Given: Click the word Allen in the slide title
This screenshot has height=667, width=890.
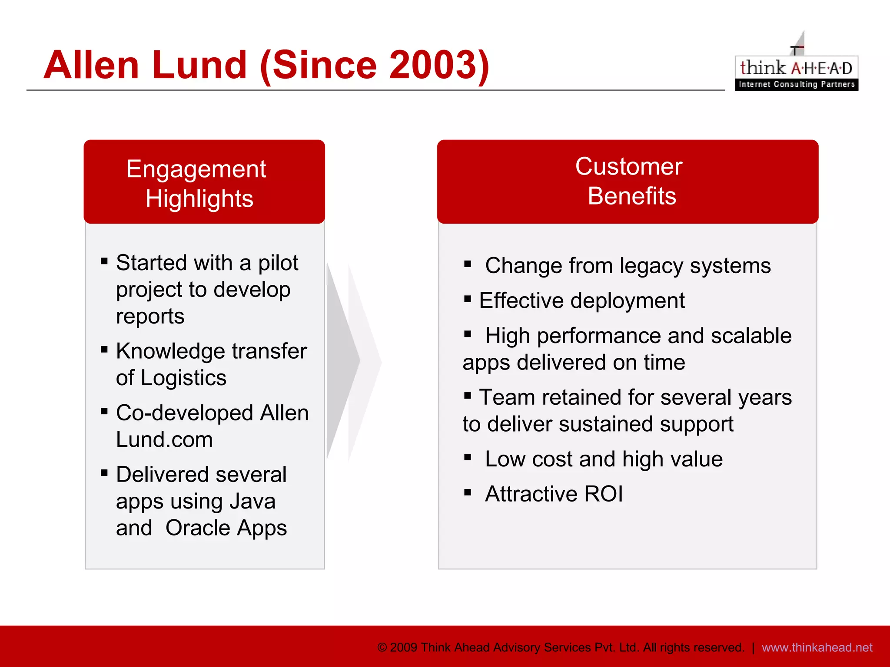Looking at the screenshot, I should tap(91, 65).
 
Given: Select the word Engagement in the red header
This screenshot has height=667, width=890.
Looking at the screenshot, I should tap(196, 169).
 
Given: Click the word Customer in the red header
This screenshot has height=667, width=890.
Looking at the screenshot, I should tap(629, 166).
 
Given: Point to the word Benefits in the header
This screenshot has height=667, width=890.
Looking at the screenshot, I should tap(632, 196).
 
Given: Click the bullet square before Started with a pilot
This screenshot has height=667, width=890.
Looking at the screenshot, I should tap(104, 261).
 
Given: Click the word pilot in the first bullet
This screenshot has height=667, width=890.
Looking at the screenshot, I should tap(278, 263).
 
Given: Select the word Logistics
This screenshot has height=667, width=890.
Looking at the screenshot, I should tap(183, 378).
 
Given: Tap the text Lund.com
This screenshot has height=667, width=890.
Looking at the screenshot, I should tap(164, 440).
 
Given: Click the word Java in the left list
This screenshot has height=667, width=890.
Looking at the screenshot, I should tap(252, 502).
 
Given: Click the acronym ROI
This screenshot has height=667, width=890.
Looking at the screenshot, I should tap(603, 494).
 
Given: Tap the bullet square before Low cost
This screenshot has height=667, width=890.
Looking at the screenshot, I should tap(468, 457).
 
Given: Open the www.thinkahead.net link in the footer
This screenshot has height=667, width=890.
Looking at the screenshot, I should tap(817, 647).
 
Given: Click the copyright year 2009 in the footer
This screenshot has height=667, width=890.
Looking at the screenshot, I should tap(404, 647).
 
